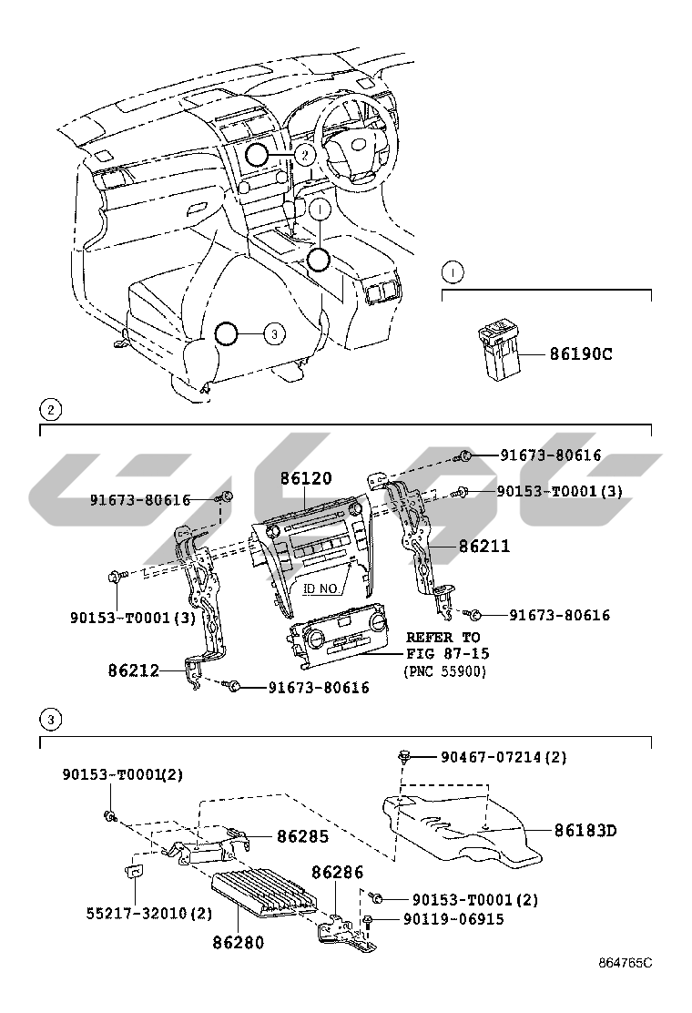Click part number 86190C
(580, 353)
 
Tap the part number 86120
(306, 477)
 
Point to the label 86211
(484, 547)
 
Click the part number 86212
(134, 670)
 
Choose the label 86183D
(585, 830)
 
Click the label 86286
(338, 873)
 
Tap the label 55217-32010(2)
(137, 913)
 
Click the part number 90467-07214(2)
(504, 757)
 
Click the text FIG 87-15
(443, 653)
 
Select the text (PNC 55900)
(445, 670)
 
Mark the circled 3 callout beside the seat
(276, 334)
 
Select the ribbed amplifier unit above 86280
(264, 892)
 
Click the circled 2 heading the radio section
(52, 410)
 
